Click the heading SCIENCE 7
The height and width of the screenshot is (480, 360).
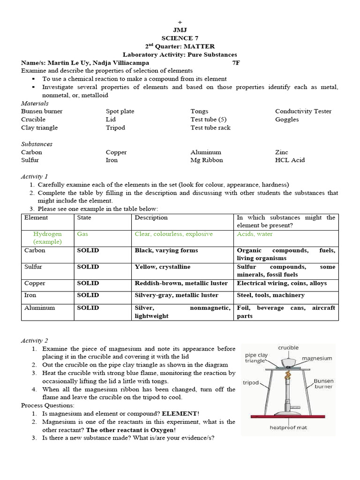coord(180,38)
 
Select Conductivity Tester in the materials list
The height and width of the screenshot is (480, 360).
coord(303,112)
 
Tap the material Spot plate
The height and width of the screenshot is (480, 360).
coord(120,112)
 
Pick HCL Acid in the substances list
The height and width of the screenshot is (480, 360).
coord(290,160)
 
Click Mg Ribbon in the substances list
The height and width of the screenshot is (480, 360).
coord(207,160)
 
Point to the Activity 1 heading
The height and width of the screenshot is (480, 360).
coord(35,177)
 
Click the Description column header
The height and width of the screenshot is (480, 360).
coord(151,218)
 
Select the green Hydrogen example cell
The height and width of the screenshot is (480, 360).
coord(47,238)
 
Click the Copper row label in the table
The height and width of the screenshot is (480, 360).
coord(35,284)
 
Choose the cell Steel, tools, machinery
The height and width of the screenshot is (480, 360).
coord(270,295)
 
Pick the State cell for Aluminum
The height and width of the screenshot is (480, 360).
coord(88,308)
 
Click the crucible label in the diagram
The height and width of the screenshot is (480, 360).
coord(288,348)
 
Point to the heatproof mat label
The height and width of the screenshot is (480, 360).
coord(288,427)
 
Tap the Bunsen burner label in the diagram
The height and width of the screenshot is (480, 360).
coord(324,384)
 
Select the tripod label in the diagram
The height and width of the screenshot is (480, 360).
coord(250,382)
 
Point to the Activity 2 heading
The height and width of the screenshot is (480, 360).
coord(35,341)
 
